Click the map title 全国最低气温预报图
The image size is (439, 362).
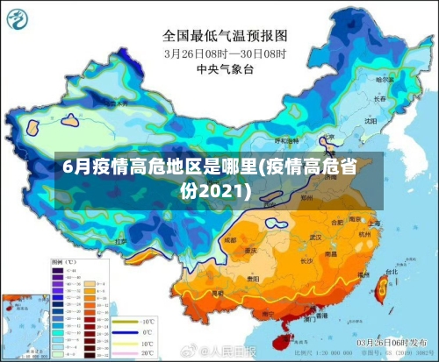coord(225,36)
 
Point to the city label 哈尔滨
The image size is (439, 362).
coord(385,81)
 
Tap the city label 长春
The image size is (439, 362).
coord(378,99)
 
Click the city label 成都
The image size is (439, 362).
coord(230,239)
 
